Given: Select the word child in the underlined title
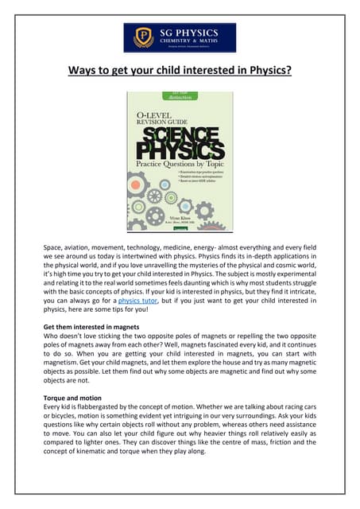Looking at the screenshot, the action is [153, 72].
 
